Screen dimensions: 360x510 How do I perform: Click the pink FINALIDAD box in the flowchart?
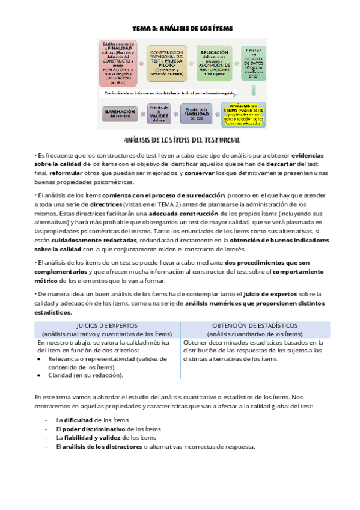point(120,62)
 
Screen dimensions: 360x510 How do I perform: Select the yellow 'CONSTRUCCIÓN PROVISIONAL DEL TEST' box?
point(170,62)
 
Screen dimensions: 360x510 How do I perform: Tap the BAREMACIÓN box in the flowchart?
point(121,114)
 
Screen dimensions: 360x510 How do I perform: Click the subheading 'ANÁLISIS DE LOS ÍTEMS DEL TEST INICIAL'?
point(181,140)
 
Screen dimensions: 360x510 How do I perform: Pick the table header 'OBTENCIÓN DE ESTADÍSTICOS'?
point(255,325)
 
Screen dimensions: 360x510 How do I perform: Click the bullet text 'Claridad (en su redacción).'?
point(85,375)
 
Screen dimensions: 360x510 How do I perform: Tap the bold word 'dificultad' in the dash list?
point(79,420)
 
